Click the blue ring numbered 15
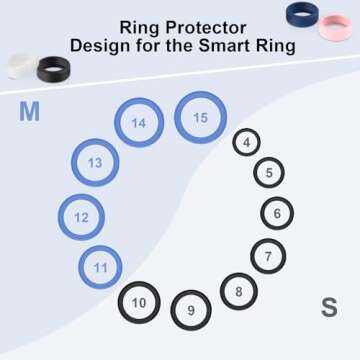point(201,118)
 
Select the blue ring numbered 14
point(138,123)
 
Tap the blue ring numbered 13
point(95,162)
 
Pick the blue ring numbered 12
point(81,216)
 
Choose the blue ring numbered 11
point(101,267)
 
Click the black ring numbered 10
point(139,302)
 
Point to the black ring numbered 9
point(191,309)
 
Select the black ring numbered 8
point(238,291)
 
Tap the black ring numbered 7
point(268,256)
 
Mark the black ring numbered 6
point(277,213)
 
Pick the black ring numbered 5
point(268,173)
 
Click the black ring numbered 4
point(246,143)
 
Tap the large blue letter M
point(29,112)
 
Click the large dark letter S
point(329,308)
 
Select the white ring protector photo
point(19,65)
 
